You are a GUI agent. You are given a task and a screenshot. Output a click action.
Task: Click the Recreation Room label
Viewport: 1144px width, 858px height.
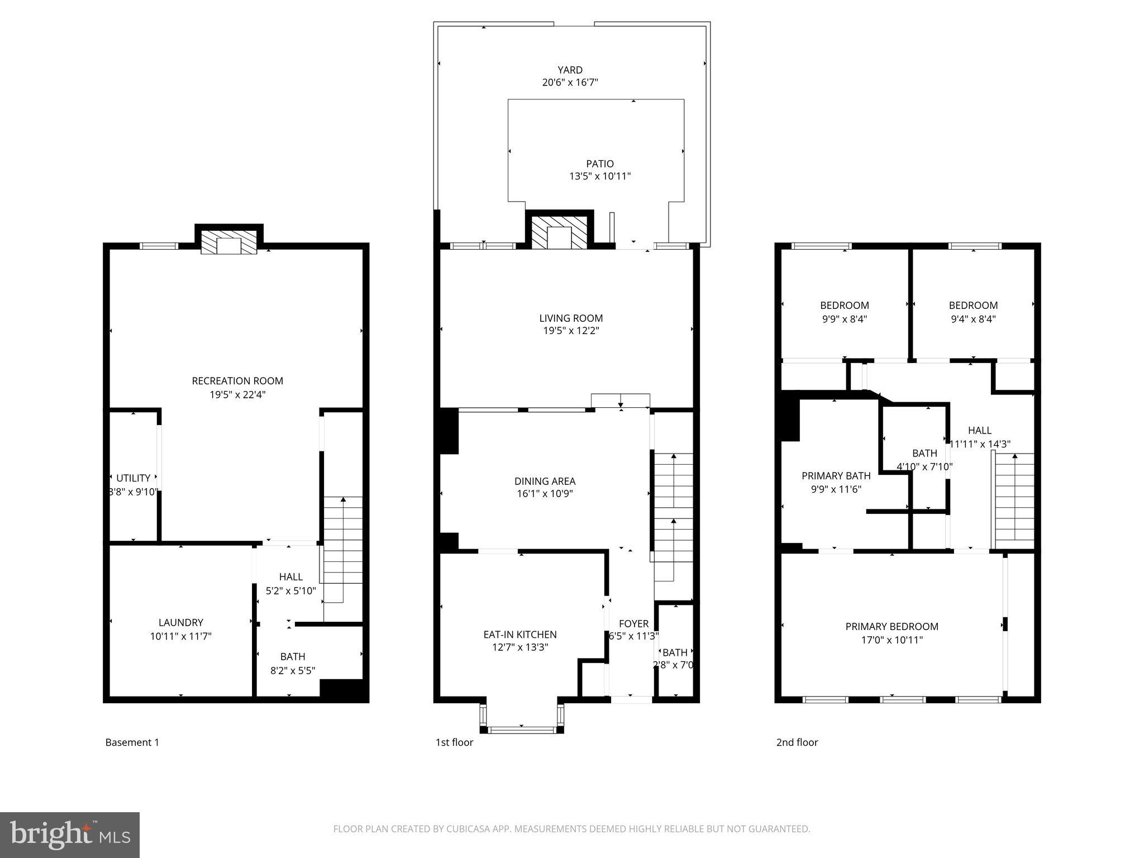tap(237, 381)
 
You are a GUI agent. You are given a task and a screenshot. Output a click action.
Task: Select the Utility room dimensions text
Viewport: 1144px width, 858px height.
tap(134, 492)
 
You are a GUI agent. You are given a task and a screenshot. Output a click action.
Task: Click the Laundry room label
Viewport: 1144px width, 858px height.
tap(180, 622)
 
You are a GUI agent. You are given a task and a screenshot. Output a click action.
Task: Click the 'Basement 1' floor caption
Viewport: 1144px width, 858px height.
tap(132, 742)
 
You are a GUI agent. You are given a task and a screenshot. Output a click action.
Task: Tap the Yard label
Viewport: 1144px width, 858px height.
tap(570, 70)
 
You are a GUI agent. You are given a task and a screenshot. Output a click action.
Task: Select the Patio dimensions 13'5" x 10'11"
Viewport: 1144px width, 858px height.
tap(600, 177)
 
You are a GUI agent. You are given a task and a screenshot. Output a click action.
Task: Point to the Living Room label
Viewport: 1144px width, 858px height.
tap(571, 318)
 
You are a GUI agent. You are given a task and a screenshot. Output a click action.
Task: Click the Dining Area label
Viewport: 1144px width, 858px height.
tap(545, 481)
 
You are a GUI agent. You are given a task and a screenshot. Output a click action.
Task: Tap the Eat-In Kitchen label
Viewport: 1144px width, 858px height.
tap(519, 635)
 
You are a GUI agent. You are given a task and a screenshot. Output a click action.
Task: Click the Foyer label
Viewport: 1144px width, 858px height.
tap(633, 623)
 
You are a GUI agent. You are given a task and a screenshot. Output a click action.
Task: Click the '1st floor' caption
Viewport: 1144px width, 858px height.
tap(454, 742)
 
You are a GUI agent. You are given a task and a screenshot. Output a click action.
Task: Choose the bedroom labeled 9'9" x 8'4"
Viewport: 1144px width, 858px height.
tap(844, 312)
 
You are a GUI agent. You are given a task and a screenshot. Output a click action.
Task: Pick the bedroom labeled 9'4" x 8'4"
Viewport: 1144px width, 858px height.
tap(973, 312)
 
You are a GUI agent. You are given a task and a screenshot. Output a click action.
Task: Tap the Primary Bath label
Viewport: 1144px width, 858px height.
tap(836, 476)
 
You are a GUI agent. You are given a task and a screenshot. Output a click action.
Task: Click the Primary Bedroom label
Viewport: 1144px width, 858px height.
tap(892, 627)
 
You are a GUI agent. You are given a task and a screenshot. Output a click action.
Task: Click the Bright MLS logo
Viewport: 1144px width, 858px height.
tap(70, 835)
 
